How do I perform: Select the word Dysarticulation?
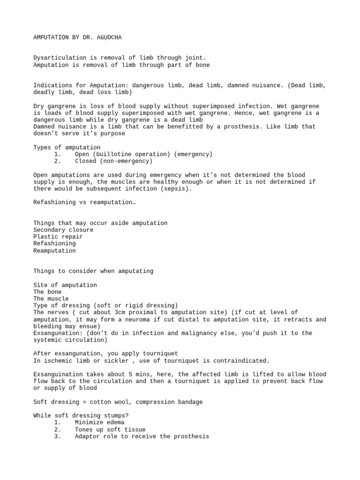click(59, 58)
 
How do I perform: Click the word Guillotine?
click(112, 154)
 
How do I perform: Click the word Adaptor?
click(87, 436)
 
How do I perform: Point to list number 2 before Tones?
click(57, 429)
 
